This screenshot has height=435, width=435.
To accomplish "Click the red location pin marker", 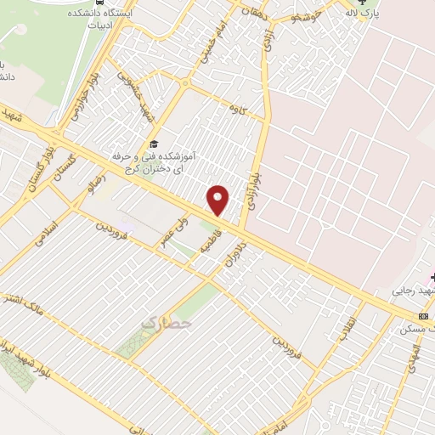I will pyautogui.click(x=218, y=201).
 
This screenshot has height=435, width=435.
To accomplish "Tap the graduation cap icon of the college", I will pyautogui.click(x=153, y=143).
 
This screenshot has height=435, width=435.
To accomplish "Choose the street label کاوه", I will pyautogui.click(x=234, y=108).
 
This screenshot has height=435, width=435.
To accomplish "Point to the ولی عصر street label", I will pyautogui.click(x=173, y=231).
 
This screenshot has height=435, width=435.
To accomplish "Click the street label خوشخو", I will pyautogui.click(x=304, y=14).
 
